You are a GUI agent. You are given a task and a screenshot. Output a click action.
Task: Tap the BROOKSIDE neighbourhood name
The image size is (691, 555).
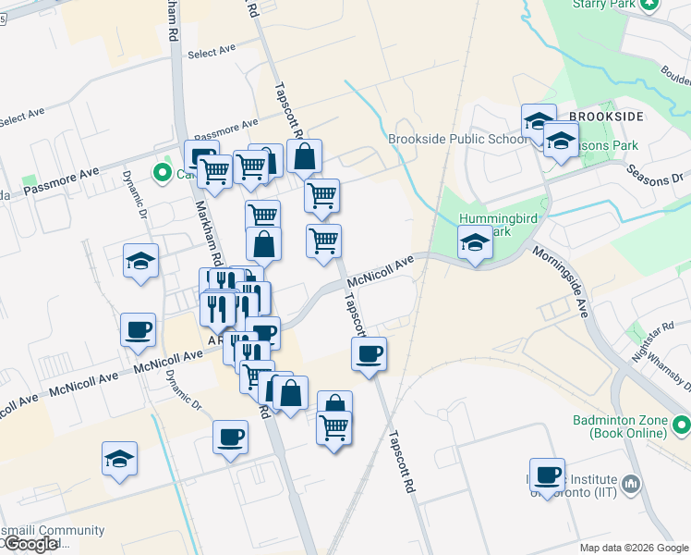(606, 117)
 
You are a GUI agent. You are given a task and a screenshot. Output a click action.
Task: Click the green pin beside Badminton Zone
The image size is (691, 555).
(682, 425)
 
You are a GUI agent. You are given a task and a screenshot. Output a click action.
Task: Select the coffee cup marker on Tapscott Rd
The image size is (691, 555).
(370, 353)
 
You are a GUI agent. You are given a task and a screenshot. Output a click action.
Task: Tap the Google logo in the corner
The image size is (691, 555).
(30, 544)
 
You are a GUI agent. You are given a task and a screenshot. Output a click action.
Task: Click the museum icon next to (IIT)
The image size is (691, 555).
(633, 482)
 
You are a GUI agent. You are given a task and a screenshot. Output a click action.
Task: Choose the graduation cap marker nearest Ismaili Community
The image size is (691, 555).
(119, 459)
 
